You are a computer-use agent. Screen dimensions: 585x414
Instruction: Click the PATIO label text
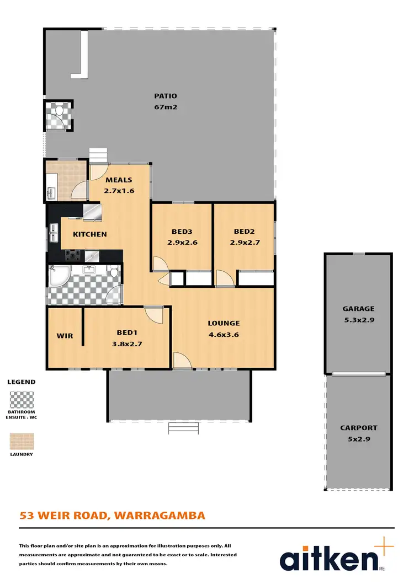tap(166, 96)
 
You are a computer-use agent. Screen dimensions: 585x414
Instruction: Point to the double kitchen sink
tap(54, 233)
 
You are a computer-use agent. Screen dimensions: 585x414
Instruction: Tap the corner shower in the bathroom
tap(57, 276)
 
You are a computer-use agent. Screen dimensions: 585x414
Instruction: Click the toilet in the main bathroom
tap(114, 272)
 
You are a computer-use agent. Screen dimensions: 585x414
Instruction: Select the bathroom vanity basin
tap(88, 270)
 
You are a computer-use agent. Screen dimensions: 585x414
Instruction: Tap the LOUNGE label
tap(224, 323)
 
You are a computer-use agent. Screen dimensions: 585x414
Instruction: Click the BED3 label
tap(182, 232)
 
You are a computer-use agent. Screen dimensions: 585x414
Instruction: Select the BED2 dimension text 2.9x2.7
tap(244, 242)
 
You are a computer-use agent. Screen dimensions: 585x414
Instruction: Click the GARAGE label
tap(358, 309)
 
